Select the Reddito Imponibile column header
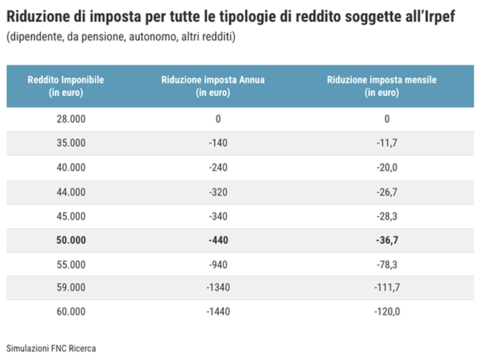point(65,86)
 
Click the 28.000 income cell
point(71,119)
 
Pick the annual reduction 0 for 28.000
point(218,119)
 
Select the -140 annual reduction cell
point(218,143)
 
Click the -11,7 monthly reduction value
point(386,143)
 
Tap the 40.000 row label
point(71,168)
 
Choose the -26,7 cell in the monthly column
point(386,192)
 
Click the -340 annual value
point(218,217)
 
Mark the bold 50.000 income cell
point(71,240)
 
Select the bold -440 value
point(218,240)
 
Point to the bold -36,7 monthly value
point(386,240)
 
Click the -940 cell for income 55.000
point(218,263)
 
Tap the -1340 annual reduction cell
point(218,288)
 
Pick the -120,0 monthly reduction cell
point(386,312)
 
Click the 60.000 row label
point(71,312)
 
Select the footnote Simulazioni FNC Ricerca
point(50,348)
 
